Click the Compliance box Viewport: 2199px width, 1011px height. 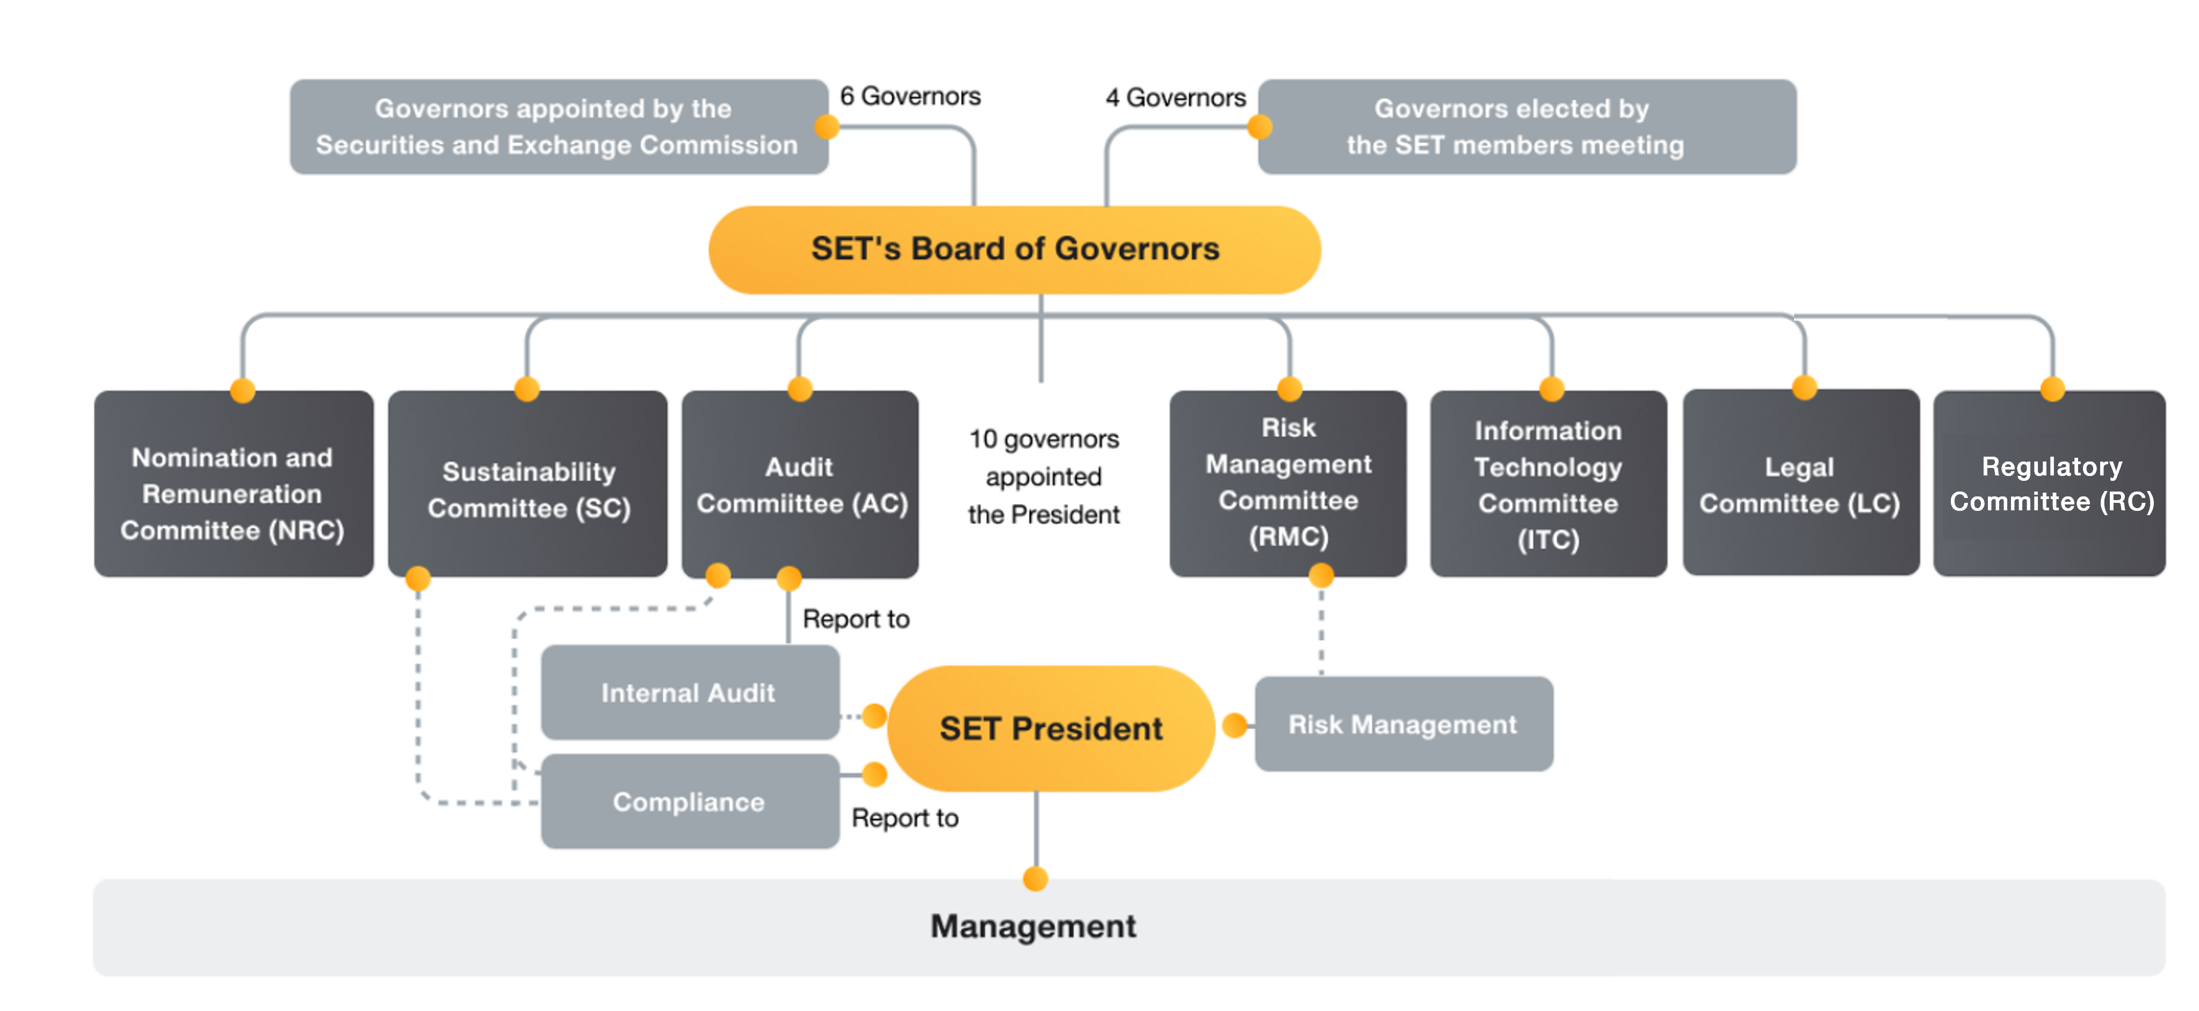pyautogui.click(x=689, y=801)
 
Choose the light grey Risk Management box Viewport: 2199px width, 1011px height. pyautogui.click(x=1402, y=724)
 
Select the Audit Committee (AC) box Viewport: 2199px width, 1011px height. pyautogui.click(x=801, y=485)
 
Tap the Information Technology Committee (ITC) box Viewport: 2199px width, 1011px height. pyautogui.click(x=1547, y=485)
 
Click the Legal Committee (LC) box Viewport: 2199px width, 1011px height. pyautogui.click(x=1799, y=485)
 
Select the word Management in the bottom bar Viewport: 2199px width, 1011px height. pyautogui.click(x=1033, y=926)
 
